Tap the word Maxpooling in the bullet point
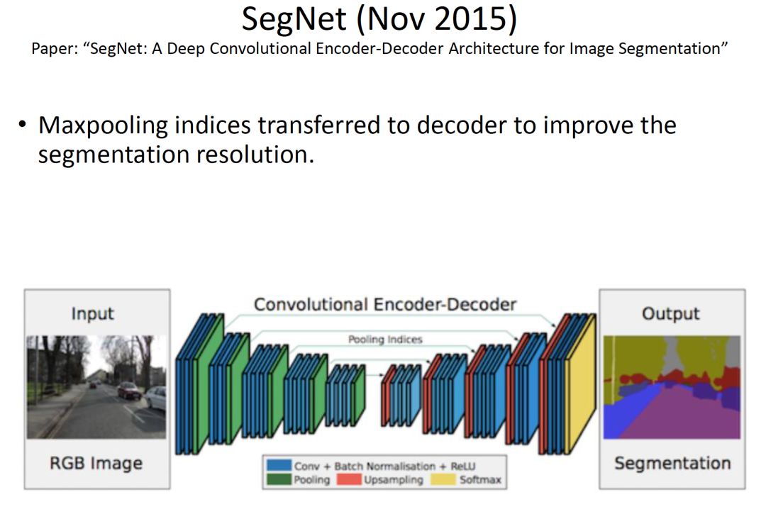pos(103,125)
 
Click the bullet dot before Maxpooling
pos(22,124)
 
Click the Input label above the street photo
pos(92,313)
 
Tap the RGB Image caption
pos(96,463)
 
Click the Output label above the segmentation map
pos(670,313)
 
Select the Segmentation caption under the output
pos(672,463)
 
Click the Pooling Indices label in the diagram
pos(385,340)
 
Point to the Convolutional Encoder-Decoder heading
pos(385,304)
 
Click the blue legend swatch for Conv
pos(279,465)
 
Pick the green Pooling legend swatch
pos(279,479)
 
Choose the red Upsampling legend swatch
pos(349,479)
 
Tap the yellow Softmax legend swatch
pos(443,479)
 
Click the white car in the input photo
pos(156,398)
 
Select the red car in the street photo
pos(129,391)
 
